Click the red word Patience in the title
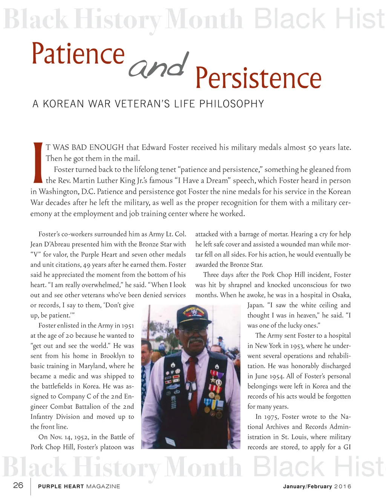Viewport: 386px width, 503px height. pos(78,54)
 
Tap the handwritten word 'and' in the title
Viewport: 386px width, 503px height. pos(158,66)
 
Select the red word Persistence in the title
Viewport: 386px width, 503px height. pos(258,78)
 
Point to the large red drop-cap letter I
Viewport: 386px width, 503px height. pos(38,162)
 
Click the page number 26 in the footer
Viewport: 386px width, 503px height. pos(18,485)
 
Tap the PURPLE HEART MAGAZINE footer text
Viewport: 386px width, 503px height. pos(79,486)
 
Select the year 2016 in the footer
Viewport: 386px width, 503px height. pos(343,486)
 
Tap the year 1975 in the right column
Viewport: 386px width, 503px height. pos(272,417)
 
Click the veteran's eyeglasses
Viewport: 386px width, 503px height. pos(193,331)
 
